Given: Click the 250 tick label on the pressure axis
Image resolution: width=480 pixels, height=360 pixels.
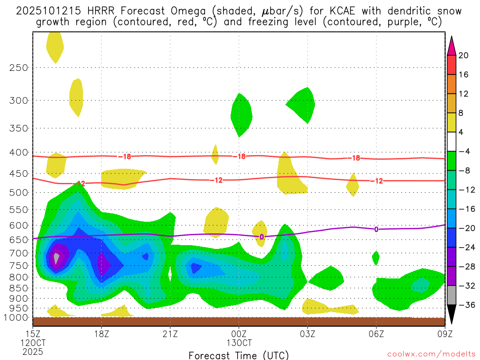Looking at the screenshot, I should click(x=18, y=67).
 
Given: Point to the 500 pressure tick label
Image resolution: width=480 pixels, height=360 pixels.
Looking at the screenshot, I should click(x=18, y=193).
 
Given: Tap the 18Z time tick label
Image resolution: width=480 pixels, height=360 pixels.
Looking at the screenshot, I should click(x=101, y=334).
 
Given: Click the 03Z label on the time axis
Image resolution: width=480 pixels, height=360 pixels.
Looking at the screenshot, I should click(x=307, y=334).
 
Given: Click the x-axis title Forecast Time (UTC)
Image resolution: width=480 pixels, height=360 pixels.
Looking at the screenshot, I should click(x=239, y=355).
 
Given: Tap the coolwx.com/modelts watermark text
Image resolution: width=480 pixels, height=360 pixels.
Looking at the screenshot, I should click(x=431, y=353).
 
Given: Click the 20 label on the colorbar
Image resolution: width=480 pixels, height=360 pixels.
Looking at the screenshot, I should click(x=464, y=55).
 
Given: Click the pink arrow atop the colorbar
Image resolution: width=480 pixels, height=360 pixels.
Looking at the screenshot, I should click(x=452, y=45).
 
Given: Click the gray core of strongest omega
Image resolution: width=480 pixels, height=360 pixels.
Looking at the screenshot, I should click(x=57, y=258).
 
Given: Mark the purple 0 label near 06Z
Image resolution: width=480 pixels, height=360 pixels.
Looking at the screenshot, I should click(x=376, y=229).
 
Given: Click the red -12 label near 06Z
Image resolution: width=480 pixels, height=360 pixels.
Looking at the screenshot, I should click(x=377, y=181).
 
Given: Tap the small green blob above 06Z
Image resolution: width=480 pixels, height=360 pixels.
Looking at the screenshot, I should click(x=375, y=257).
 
